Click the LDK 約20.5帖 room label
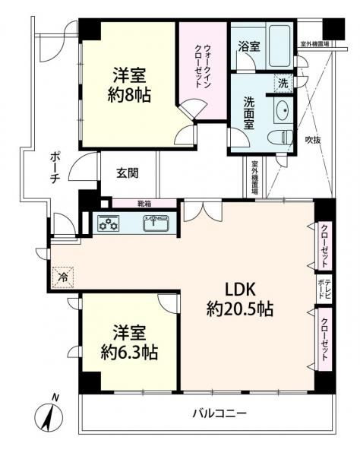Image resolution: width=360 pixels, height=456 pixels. click(x=240, y=299)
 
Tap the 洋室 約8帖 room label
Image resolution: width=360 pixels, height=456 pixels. click(x=130, y=85)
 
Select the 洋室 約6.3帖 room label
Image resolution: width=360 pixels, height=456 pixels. click(x=129, y=343)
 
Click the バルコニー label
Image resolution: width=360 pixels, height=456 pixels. click(x=220, y=413)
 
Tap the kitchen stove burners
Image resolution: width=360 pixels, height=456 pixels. click(x=109, y=223)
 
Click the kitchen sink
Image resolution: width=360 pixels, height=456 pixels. click(x=156, y=223)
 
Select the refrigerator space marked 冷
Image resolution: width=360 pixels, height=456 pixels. click(x=63, y=277)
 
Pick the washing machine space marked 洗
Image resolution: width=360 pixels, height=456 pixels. click(x=283, y=84)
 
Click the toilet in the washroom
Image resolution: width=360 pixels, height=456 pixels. click(x=280, y=138)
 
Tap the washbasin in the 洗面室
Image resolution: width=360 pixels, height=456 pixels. click(x=283, y=111)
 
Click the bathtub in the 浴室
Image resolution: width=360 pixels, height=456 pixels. click(x=279, y=46)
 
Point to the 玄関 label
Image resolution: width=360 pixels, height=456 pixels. click(x=128, y=173)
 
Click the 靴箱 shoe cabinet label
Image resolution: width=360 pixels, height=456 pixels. click(x=144, y=204)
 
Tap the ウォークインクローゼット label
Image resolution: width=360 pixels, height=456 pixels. click(x=203, y=66)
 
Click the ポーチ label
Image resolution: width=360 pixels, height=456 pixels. click(x=55, y=168)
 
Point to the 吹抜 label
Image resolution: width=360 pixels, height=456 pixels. click(x=313, y=140)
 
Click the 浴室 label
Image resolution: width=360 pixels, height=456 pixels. click(x=249, y=46)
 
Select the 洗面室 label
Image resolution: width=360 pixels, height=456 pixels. click(x=248, y=113)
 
